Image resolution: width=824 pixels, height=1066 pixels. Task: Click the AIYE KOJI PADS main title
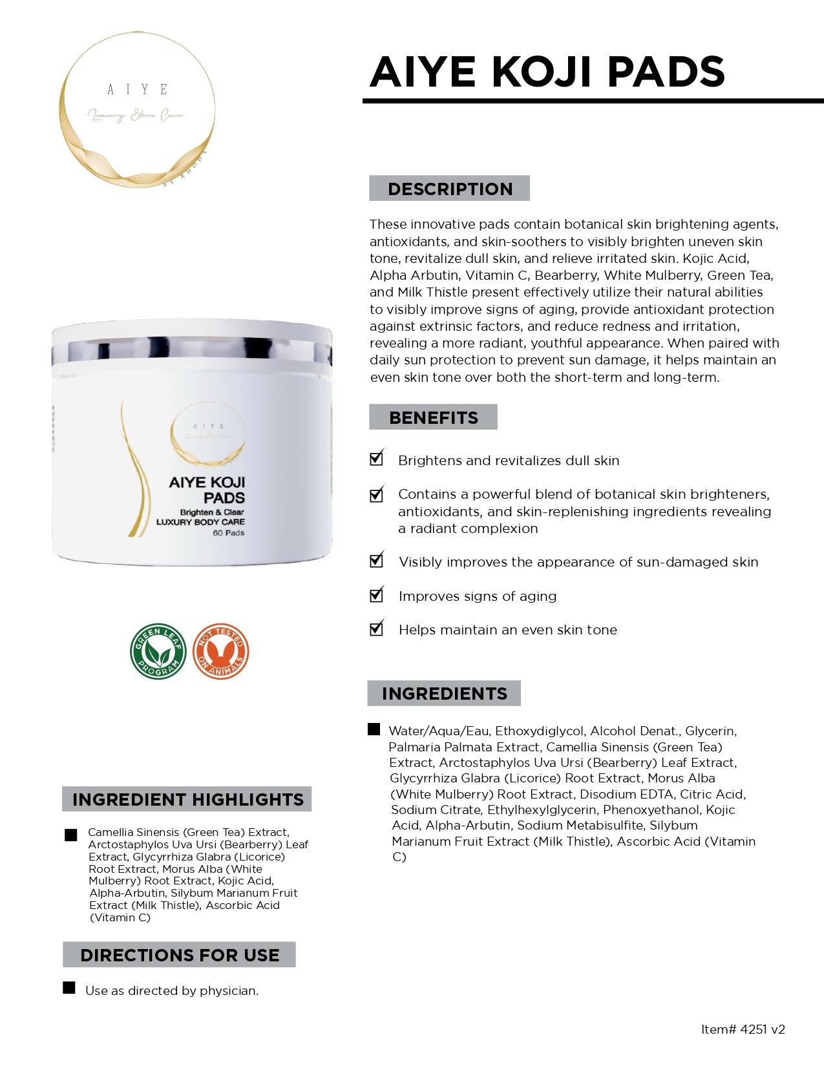(x=547, y=72)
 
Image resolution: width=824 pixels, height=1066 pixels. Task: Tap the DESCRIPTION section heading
(x=450, y=189)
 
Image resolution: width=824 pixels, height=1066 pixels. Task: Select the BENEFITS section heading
(x=433, y=417)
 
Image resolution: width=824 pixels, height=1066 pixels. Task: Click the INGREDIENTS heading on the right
(x=444, y=693)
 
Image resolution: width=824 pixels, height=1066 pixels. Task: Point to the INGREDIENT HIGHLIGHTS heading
(x=187, y=799)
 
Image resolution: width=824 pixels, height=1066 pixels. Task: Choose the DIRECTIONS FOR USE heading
(x=179, y=955)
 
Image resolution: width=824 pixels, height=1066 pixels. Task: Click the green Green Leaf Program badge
(x=158, y=651)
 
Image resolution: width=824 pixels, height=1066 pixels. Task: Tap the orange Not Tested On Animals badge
(x=221, y=651)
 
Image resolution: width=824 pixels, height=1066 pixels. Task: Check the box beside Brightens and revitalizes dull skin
(x=376, y=459)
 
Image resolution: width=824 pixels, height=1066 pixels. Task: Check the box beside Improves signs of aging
(x=376, y=595)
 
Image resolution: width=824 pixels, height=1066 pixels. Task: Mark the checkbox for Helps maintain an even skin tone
(x=376, y=629)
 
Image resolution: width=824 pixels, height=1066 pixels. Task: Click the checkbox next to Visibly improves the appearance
(x=376, y=561)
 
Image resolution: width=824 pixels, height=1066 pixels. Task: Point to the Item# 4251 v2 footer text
(x=743, y=1029)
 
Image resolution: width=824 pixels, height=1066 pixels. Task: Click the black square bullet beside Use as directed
(x=69, y=988)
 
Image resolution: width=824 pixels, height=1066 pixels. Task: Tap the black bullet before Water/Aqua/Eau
(x=374, y=729)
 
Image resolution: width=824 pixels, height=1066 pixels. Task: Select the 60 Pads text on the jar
(x=229, y=533)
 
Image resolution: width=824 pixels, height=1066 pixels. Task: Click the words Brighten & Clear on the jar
(x=212, y=512)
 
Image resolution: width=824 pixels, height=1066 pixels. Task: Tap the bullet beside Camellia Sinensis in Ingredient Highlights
(x=71, y=835)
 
